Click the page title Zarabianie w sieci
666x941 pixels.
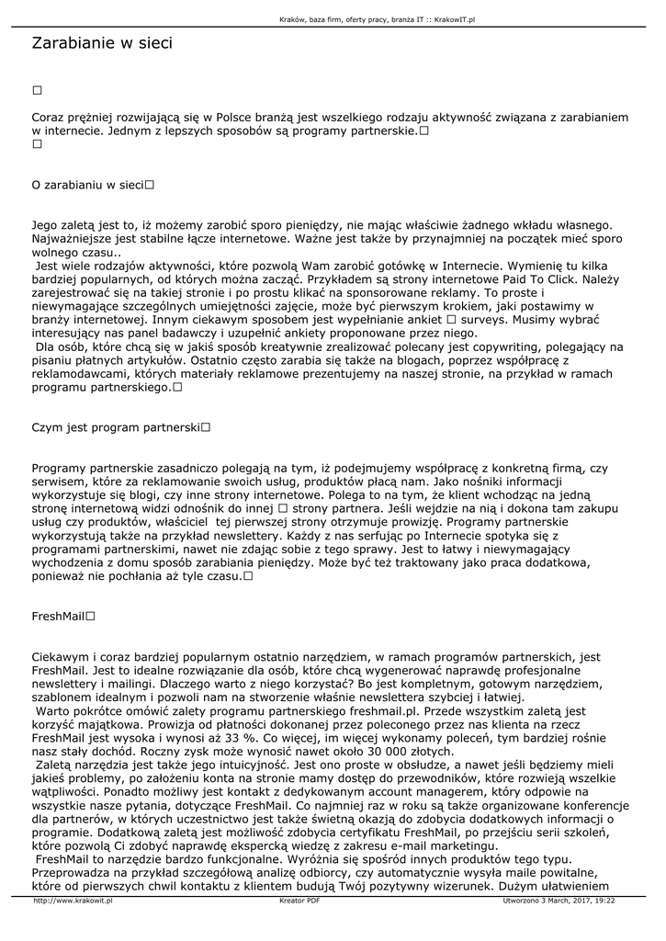click(x=102, y=43)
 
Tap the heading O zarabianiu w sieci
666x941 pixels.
click(x=88, y=185)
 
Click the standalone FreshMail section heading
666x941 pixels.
click(x=59, y=617)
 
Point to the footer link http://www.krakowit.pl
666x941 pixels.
click(x=73, y=901)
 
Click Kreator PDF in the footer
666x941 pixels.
click(x=299, y=901)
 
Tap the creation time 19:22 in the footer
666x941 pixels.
click(x=604, y=901)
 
